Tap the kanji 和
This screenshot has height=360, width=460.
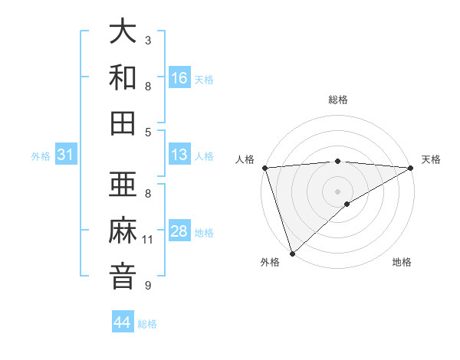click(123, 78)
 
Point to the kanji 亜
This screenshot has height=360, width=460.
click(123, 185)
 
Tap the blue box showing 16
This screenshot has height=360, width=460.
click(179, 78)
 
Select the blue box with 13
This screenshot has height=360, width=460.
click(179, 155)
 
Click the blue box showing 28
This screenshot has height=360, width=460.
click(179, 231)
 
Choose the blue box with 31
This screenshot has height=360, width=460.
click(66, 155)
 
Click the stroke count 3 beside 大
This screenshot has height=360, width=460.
click(148, 40)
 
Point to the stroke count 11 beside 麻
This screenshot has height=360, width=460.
click(148, 240)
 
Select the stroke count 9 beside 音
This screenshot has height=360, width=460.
click(148, 286)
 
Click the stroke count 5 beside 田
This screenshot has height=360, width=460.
click(148, 132)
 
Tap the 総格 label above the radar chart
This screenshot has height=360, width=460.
click(337, 100)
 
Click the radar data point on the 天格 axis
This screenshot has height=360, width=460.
click(410, 169)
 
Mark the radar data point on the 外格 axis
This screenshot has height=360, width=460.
click(292, 253)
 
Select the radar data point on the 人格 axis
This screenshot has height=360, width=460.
click(264, 168)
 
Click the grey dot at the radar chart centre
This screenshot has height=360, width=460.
click(337, 191)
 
